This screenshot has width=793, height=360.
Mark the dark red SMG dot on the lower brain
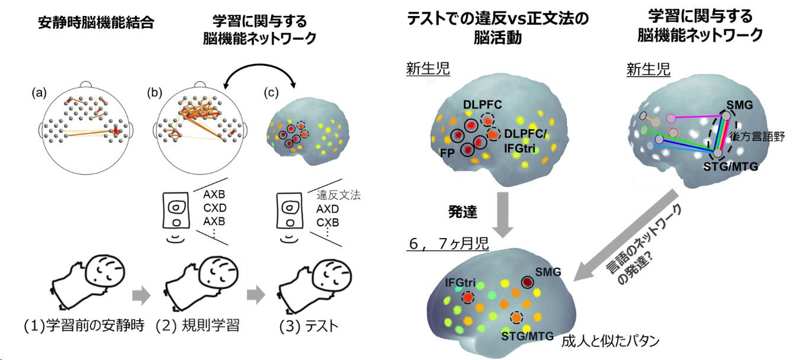point(526,282)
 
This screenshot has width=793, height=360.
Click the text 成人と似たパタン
point(609,342)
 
